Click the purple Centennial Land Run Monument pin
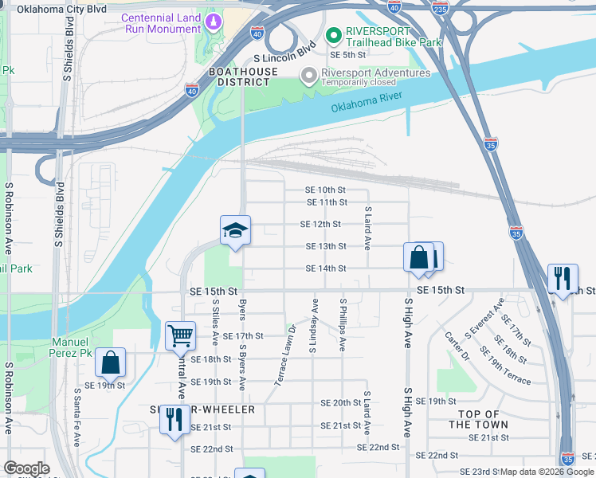[x=213, y=22]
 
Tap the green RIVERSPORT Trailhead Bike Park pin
[x=333, y=34]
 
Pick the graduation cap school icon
[x=235, y=231]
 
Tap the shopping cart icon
[x=180, y=335]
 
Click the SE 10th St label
[x=326, y=190]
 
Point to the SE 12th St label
[x=320, y=225]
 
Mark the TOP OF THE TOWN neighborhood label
[x=479, y=419]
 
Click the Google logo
[x=26, y=468]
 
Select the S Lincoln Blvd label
[x=284, y=59]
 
